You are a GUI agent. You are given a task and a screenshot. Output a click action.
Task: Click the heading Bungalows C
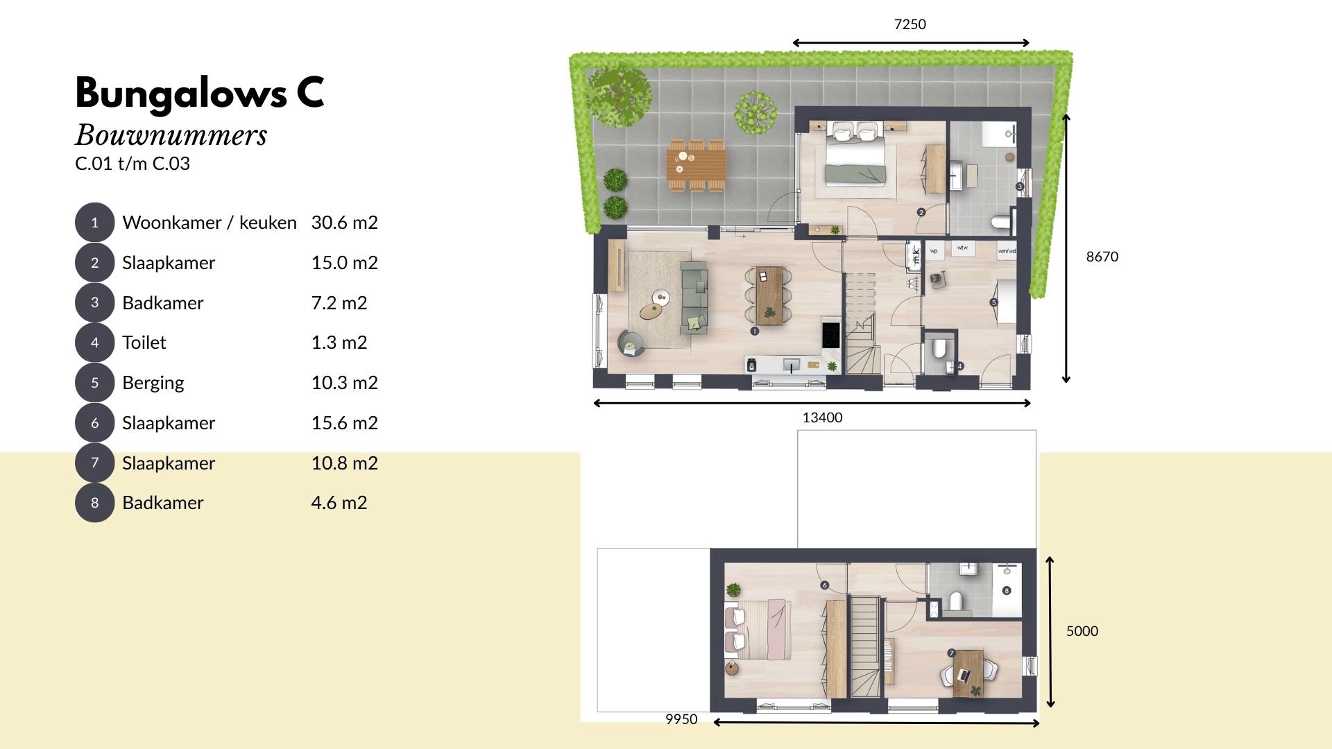pyautogui.click(x=200, y=92)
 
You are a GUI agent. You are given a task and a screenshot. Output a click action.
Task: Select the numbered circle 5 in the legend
pyautogui.click(x=94, y=383)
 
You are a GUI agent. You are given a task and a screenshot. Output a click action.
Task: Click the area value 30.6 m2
pyautogui.click(x=344, y=223)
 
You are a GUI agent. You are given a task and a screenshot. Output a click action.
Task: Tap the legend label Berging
pyautogui.click(x=153, y=383)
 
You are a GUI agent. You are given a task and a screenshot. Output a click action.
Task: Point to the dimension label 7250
pyautogui.click(x=910, y=24)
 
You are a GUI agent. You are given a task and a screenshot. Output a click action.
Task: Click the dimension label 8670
pyautogui.click(x=1102, y=257)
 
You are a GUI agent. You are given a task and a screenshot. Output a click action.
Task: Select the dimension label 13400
pyautogui.click(x=822, y=417)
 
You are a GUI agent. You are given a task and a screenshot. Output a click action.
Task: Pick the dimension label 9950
pyautogui.click(x=681, y=719)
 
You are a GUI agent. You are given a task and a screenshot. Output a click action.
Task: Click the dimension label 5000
pyautogui.click(x=1082, y=631)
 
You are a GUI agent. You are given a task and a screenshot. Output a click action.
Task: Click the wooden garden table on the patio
pyautogui.click(x=697, y=165)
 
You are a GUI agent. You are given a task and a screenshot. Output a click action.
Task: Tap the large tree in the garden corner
pyautogui.click(x=619, y=95)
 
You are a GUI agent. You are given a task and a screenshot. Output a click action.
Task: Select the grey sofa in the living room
pyautogui.click(x=694, y=298)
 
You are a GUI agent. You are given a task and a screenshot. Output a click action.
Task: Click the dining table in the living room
pyautogui.click(x=769, y=295)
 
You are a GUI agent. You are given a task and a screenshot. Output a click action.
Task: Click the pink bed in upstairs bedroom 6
pyautogui.click(x=760, y=629)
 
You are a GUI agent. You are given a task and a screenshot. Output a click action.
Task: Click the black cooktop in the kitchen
pyautogui.click(x=830, y=335)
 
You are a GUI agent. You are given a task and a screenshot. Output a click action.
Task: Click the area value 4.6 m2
pyautogui.click(x=339, y=503)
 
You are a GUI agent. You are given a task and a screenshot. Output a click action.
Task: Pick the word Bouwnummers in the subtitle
pyautogui.click(x=171, y=135)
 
